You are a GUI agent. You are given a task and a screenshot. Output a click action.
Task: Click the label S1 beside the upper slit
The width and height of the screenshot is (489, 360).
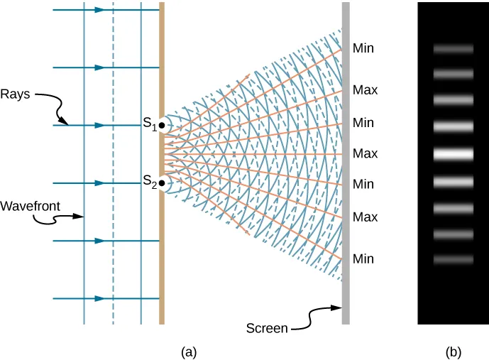tap(149, 123)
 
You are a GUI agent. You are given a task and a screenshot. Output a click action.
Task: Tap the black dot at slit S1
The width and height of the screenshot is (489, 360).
tap(163, 126)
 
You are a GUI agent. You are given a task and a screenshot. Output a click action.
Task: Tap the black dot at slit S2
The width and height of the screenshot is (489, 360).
tap(163, 184)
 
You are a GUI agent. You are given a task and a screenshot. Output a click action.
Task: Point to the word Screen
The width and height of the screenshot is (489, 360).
tap(267, 328)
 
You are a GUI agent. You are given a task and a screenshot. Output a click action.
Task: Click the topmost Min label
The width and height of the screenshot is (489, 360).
tap(363, 49)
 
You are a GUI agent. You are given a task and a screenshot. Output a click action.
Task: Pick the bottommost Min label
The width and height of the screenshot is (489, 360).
tap(363, 259)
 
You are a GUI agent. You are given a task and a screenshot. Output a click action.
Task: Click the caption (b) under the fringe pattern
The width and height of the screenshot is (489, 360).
tap(453, 351)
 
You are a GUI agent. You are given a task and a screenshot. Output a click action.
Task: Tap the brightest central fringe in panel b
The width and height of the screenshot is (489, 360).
tap(454, 153)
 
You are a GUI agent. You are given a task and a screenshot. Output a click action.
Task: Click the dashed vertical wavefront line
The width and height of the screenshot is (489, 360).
tap(113, 163)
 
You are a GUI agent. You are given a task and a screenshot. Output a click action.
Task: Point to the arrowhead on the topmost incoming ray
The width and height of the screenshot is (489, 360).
tap(100, 10)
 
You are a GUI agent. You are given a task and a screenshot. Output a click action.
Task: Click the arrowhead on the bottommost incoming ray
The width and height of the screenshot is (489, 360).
tap(100, 298)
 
